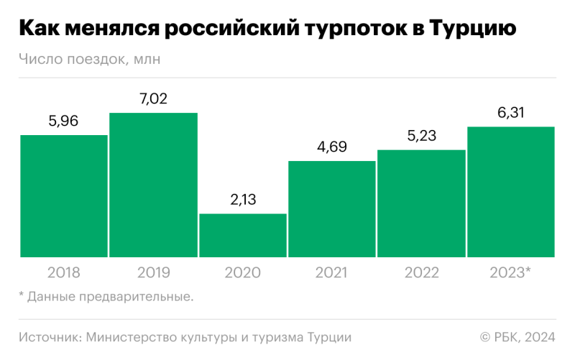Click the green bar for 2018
pyautogui.click(x=63, y=195)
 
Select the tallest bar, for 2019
pyautogui.click(x=153, y=185)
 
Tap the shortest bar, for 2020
pyautogui.click(x=243, y=235)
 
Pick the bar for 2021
pyautogui.click(x=332, y=208)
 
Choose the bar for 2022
pyautogui.click(x=421, y=203)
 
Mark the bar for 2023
pyautogui.click(x=510, y=191)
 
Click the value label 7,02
pyautogui.click(x=153, y=99)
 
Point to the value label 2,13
pyautogui.click(x=243, y=200)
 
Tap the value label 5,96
pyautogui.click(x=63, y=121)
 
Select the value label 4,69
pyautogui.click(x=332, y=147)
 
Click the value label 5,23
pyautogui.click(x=421, y=136)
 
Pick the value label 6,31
pyautogui.click(x=510, y=113)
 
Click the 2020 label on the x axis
pyautogui.click(x=243, y=273)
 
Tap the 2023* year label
pyautogui.click(x=510, y=273)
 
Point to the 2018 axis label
pyautogui.click(x=63, y=273)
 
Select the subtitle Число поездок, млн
pyautogui.click(x=90, y=60)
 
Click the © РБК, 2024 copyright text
pyautogui.click(x=517, y=337)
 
